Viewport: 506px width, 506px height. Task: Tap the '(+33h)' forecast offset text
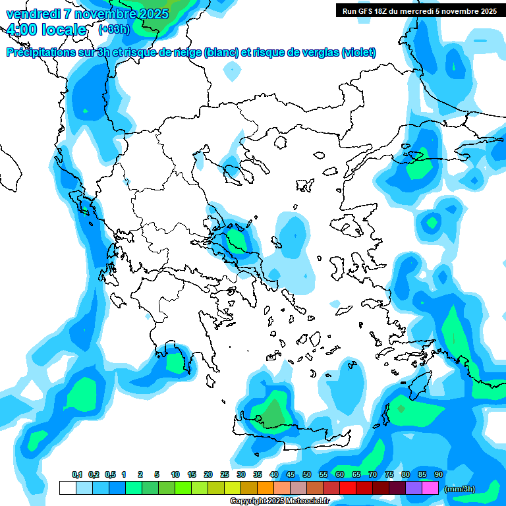pos(114,29)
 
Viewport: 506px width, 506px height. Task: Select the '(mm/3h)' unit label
pos(459,488)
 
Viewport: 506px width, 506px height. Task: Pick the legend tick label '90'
pos(438,474)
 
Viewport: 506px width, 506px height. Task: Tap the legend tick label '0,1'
pos(76,474)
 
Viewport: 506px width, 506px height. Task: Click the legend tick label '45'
pos(291,474)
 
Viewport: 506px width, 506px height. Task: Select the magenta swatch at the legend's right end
pos(430,488)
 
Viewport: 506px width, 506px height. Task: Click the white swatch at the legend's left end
pos(67,488)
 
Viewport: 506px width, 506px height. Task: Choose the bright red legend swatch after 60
pos(348,488)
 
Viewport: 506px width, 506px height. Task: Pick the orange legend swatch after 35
pos(266,488)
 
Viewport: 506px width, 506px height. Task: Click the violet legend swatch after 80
pos(414,488)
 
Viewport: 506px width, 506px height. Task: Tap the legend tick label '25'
pos(225,474)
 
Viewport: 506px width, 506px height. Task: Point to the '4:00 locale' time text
pos(45,30)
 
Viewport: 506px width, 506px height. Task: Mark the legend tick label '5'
pos(157,474)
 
